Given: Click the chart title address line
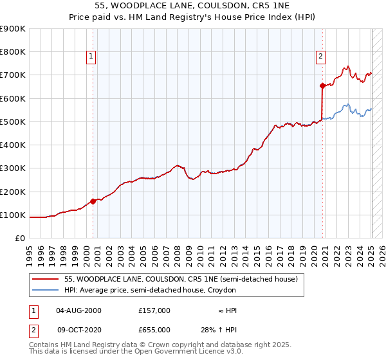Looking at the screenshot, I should click(x=193, y=6).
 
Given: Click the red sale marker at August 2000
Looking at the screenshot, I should click(x=93, y=201).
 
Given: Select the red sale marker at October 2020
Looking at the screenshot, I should click(x=322, y=85).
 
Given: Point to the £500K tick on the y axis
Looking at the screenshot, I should click(x=15, y=122).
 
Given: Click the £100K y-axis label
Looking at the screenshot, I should click(x=15, y=215).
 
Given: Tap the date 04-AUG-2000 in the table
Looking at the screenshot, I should click(x=79, y=310).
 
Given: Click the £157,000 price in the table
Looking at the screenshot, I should click(x=154, y=310).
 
